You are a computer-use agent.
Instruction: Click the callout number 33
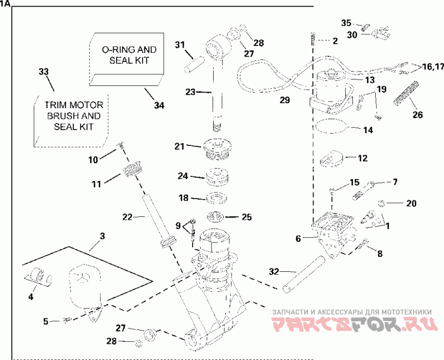(x=44, y=72)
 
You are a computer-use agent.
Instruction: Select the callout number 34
(x=159, y=105)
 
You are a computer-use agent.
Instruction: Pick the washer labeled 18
(x=217, y=198)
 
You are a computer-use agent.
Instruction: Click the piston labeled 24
(x=217, y=177)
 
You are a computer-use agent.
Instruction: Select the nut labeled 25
(x=215, y=217)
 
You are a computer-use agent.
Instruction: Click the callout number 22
(x=127, y=217)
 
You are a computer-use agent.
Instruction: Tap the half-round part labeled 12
(x=331, y=159)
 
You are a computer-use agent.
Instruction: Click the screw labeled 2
(x=313, y=38)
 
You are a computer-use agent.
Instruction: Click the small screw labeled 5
(x=67, y=321)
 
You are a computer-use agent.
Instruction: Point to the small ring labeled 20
(x=381, y=203)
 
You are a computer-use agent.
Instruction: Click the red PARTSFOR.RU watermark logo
(x=355, y=324)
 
